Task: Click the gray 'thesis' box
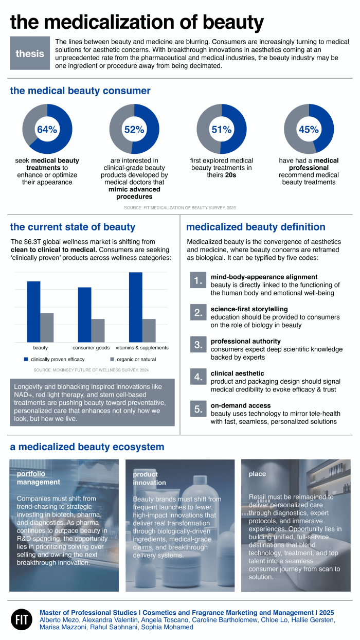(x=30, y=54)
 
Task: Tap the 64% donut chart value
(x=47, y=130)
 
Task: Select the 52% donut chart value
(x=134, y=130)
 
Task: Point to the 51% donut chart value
(x=222, y=130)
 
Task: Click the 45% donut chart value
(x=309, y=130)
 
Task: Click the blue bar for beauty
(x=33, y=311)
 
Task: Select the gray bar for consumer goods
(x=98, y=330)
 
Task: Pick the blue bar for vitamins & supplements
(x=136, y=307)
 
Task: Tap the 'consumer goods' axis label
(x=91, y=348)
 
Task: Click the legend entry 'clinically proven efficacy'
(x=57, y=359)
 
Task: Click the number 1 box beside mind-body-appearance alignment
(x=197, y=281)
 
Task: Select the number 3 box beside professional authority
(x=197, y=345)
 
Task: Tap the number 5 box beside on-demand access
(x=197, y=410)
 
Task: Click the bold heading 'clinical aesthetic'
(x=237, y=374)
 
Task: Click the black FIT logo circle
(x=21, y=619)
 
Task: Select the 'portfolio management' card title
(x=39, y=478)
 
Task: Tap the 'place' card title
(x=257, y=473)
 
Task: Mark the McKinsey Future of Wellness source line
(x=91, y=370)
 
